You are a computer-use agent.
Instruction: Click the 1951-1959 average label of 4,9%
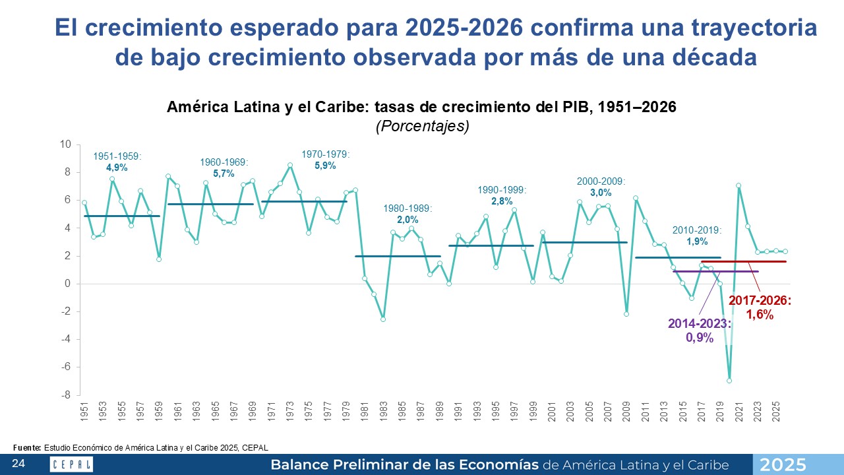(x=117, y=162)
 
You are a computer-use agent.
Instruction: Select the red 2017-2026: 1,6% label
(x=760, y=307)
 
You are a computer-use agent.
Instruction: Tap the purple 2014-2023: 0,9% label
(x=700, y=329)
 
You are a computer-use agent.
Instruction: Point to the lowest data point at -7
(x=729, y=381)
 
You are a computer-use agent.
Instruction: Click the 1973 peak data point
(x=290, y=165)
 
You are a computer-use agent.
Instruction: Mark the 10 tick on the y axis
(x=65, y=144)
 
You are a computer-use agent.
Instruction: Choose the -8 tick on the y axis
(x=65, y=395)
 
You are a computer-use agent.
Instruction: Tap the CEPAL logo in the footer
(x=71, y=464)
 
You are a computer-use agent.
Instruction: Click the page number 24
(x=18, y=464)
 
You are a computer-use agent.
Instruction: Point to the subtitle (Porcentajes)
(x=422, y=126)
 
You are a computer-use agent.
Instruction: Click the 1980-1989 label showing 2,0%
(x=407, y=214)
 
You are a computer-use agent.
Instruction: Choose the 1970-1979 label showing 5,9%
(x=326, y=160)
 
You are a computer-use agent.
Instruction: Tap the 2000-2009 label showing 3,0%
(x=601, y=187)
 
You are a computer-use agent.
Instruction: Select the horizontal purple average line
(x=692, y=271)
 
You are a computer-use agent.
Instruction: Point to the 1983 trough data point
(x=382, y=319)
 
